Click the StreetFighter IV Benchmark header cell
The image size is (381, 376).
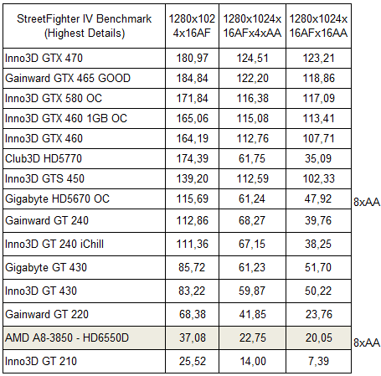(x=85, y=26)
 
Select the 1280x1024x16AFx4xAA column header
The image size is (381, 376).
(x=252, y=26)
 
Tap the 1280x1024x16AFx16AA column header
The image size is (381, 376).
(x=318, y=26)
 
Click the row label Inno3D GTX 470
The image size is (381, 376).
(x=44, y=58)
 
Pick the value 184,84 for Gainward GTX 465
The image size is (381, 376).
(x=193, y=78)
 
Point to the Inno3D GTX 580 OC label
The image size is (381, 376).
(x=54, y=98)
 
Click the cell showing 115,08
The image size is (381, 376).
(x=253, y=118)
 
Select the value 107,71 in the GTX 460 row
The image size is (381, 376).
(x=319, y=138)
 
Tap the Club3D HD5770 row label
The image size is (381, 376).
(x=44, y=158)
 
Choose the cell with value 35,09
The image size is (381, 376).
(x=318, y=158)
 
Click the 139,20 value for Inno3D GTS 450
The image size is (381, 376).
(x=193, y=178)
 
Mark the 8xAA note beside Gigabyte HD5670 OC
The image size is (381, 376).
(x=367, y=202)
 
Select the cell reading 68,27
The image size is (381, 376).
(x=252, y=220)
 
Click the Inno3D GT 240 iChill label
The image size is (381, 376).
(x=54, y=244)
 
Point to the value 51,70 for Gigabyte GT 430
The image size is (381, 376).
(x=318, y=267)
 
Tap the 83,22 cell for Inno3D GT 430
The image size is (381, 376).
(x=192, y=291)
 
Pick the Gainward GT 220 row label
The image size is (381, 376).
(x=47, y=314)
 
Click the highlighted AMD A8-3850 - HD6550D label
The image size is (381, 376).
(x=67, y=337)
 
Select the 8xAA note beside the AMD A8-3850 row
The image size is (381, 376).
(x=367, y=343)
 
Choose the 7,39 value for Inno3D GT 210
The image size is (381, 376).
(x=318, y=361)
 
